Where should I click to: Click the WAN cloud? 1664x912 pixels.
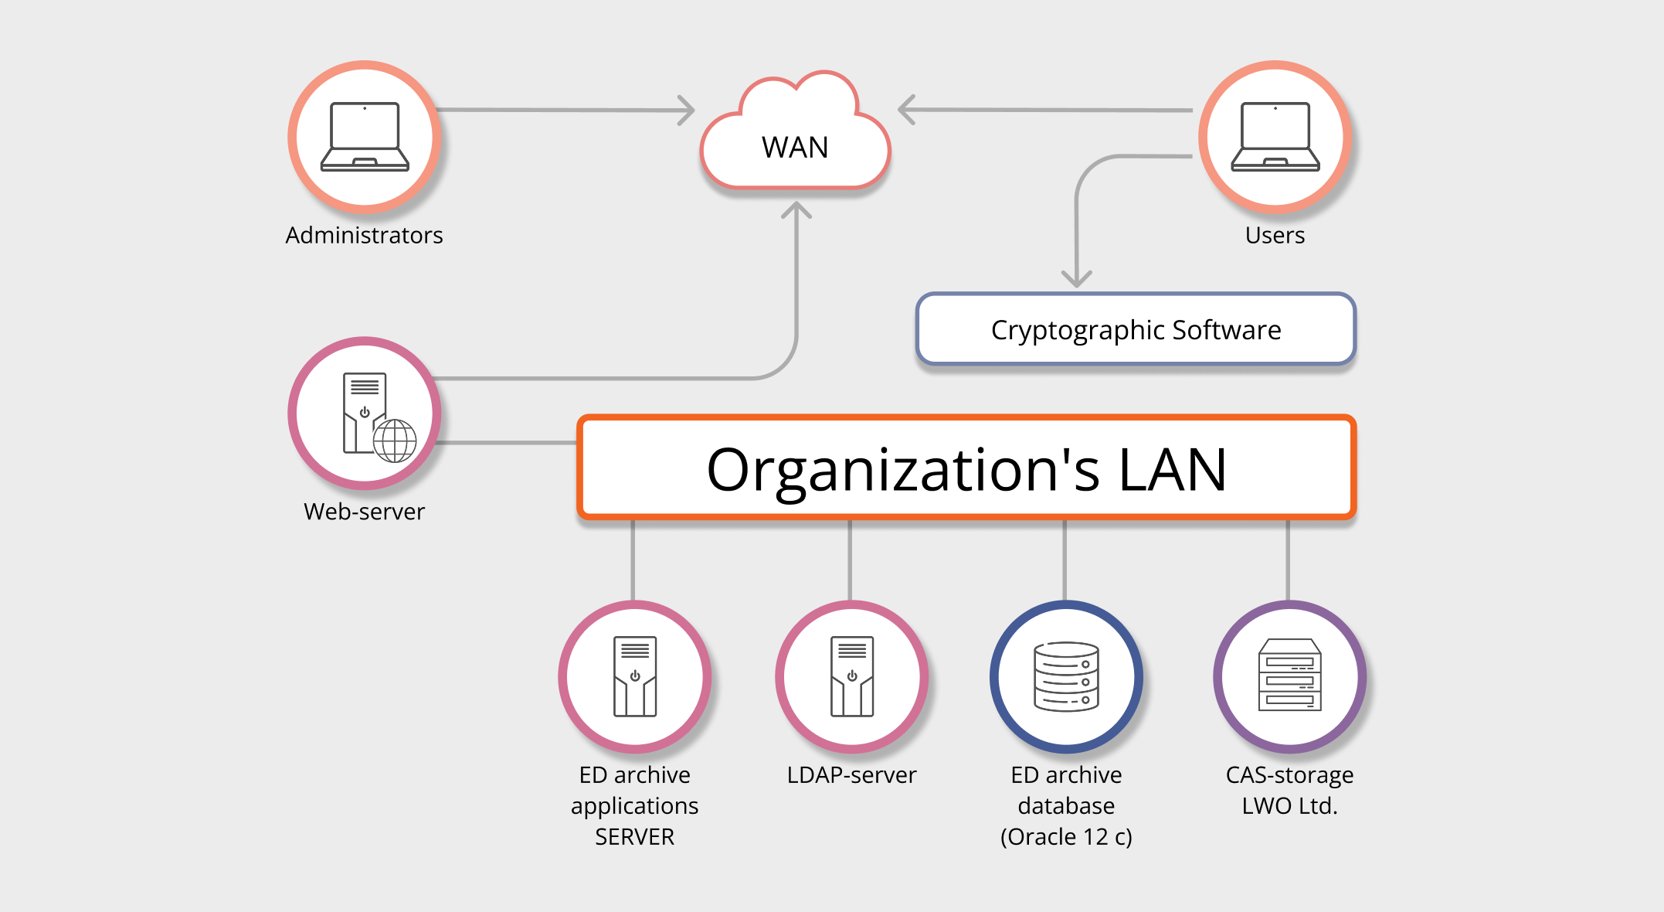pos(795,139)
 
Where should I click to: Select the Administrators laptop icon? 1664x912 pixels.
pos(365,136)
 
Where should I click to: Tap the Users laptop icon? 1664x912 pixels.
pos(1275,136)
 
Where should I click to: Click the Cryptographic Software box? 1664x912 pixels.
pos(1136,329)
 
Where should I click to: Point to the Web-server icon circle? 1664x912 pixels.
pos(365,413)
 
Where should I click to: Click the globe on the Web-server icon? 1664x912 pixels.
pos(395,441)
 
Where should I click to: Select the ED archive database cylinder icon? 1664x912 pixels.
pos(1066,676)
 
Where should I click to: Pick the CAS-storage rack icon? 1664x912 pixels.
pos(1289,675)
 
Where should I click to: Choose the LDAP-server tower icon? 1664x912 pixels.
pos(851,676)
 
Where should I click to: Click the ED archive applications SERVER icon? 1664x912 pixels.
pos(635,676)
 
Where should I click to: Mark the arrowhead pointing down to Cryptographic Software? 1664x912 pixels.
pos(1076,279)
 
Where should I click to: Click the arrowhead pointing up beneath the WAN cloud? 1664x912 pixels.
pos(796,209)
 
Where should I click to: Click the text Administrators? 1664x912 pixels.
pos(364,235)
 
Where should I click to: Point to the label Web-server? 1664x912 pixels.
pos(364,512)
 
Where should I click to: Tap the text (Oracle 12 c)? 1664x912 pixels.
pos(1066,837)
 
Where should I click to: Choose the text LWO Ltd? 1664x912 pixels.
pos(1289,806)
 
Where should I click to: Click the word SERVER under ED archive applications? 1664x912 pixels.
pos(634,837)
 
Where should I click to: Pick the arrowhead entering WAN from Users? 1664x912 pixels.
pos(906,110)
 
